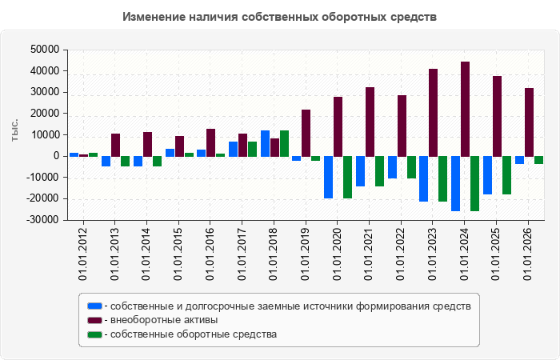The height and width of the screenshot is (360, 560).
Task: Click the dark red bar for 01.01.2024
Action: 465,109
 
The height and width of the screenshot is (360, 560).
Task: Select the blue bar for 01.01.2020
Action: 328,177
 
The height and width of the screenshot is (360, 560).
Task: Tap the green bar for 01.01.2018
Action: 284,143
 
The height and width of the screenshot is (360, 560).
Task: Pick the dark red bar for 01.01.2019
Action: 306,133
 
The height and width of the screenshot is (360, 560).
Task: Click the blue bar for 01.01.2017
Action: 234,150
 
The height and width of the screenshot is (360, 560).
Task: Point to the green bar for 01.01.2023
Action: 443,178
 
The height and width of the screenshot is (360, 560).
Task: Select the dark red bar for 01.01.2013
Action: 115,145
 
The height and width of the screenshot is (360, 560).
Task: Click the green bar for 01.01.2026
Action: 538,160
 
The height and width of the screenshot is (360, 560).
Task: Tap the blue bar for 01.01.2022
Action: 392,167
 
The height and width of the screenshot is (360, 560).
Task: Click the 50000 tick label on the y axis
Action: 45,50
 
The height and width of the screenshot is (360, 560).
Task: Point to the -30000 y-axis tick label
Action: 42,220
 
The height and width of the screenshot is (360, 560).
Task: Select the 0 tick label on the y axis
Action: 56,156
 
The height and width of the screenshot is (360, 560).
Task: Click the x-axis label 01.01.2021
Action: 369,254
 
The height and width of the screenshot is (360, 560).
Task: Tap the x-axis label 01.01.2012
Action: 82,254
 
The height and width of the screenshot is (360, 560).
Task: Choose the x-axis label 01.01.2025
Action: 496,254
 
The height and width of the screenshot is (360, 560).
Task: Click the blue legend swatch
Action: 94,306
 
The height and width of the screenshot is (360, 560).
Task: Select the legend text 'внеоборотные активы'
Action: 164,320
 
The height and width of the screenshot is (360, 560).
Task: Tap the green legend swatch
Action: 94,334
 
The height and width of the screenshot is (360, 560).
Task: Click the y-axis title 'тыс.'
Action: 14,130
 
